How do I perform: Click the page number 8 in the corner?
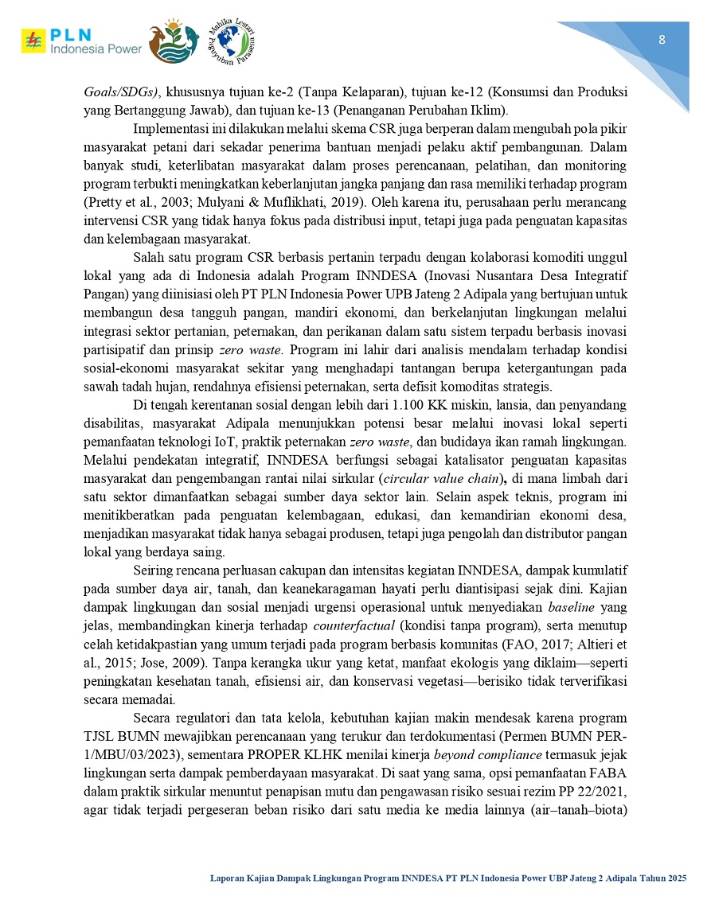662,41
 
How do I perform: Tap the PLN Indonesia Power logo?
81,42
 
